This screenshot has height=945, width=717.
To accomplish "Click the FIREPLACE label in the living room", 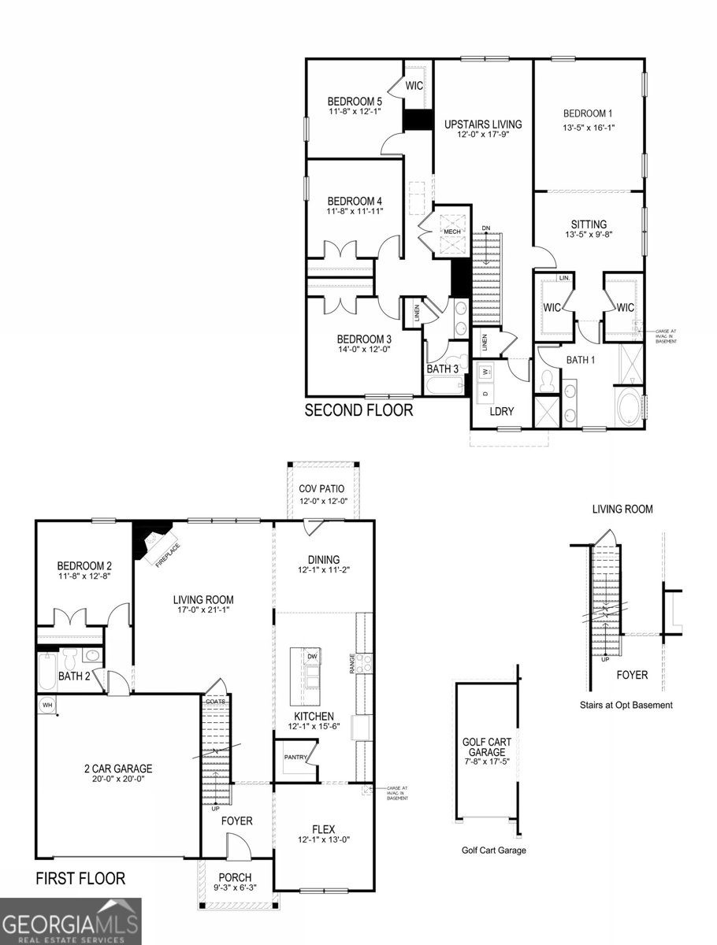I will [x=161, y=551].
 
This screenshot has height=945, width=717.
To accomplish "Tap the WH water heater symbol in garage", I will [x=47, y=705].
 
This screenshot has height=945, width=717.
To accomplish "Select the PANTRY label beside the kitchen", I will [x=295, y=758].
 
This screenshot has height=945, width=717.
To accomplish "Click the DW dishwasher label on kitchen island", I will [x=312, y=655].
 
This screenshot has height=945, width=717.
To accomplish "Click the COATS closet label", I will [x=214, y=700].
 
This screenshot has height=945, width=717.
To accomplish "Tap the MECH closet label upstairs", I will [x=451, y=232].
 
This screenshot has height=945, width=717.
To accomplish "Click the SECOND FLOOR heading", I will [x=358, y=410].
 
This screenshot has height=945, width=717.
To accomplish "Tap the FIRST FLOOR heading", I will [x=80, y=878].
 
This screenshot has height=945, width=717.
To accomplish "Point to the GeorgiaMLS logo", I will [x=71, y=921].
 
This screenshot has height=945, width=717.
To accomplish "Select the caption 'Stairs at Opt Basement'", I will [x=626, y=706].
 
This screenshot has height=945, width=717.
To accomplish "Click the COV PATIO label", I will [x=321, y=489].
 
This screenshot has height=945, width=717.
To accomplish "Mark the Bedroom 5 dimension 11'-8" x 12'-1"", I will [x=355, y=112].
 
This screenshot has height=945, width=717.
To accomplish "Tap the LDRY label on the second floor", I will [x=502, y=411].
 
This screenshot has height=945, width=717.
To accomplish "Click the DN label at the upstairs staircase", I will [x=486, y=228].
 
